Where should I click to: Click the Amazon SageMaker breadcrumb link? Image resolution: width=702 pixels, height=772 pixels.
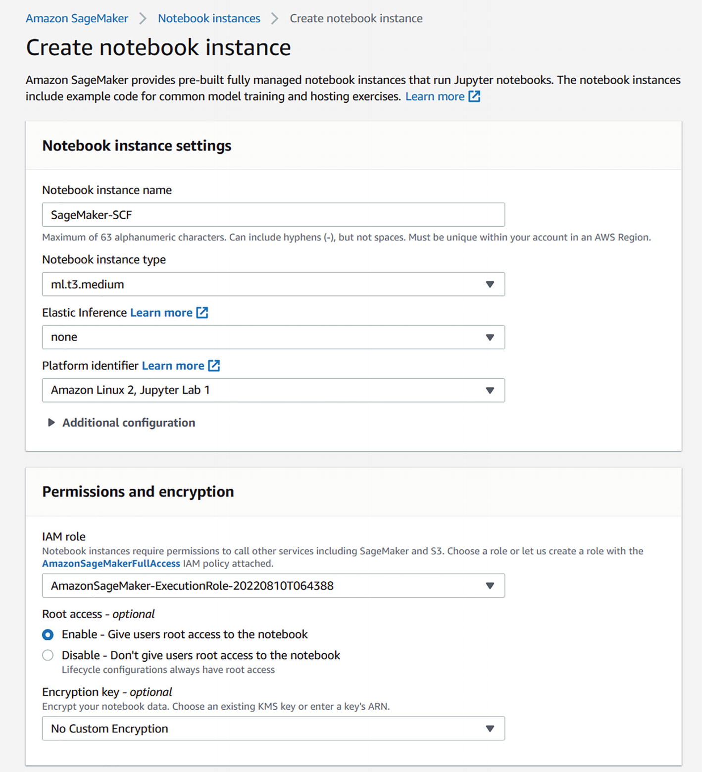[77, 18]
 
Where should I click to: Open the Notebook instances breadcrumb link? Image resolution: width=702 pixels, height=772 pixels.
[209, 18]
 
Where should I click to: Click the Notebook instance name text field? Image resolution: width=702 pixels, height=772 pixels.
[273, 215]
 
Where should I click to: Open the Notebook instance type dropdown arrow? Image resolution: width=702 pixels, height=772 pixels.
[490, 284]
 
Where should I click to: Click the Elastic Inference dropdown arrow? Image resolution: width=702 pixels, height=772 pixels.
[490, 337]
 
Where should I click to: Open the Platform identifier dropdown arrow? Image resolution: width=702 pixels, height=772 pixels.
[490, 390]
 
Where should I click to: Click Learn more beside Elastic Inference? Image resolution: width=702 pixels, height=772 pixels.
[161, 312]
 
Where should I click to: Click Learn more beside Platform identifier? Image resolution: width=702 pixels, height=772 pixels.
[173, 365]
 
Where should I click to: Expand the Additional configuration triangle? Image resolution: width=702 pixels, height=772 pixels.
[51, 423]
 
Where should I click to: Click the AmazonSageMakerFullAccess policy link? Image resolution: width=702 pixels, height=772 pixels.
[111, 563]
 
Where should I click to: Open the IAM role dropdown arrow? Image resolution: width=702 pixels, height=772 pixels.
[490, 585]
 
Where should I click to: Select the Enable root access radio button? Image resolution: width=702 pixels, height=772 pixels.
[48, 634]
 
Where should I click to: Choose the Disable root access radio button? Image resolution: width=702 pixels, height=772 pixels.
[48, 655]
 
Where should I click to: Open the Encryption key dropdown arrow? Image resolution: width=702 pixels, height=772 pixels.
[490, 728]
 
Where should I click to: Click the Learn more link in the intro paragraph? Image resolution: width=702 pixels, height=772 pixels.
[435, 96]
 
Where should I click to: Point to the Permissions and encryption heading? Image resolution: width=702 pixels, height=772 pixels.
[138, 491]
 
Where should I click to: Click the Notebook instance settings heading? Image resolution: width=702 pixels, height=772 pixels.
[137, 145]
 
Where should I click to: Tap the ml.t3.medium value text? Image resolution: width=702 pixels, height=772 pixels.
[88, 284]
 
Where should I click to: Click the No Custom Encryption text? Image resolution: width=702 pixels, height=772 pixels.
[109, 728]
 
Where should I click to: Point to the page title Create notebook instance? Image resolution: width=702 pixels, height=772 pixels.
[158, 48]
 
